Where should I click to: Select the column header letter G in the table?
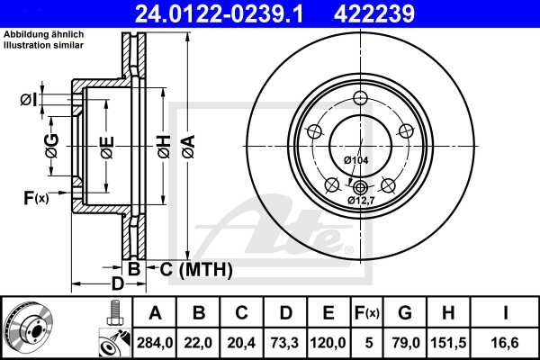click(405, 312)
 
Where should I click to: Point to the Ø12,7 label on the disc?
click(362, 202)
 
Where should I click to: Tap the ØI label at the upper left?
click(28, 99)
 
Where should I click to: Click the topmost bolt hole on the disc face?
click(360, 98)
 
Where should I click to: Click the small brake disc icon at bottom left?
click(28, 328)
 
